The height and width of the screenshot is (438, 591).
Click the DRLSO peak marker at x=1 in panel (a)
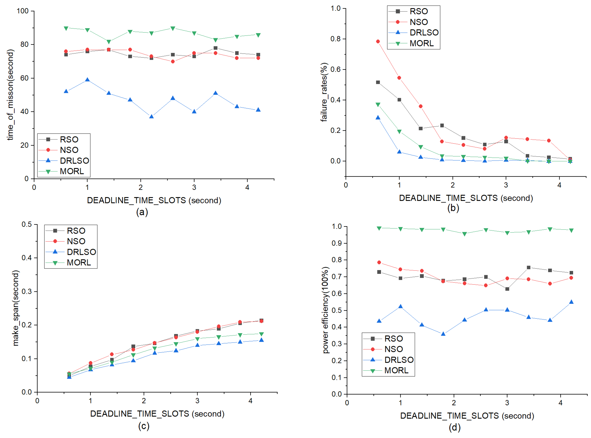click(87, 80)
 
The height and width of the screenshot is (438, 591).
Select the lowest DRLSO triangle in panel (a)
click(151, 116)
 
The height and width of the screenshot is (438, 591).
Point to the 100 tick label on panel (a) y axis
click(23, 11)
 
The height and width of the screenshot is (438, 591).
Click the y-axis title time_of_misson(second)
click(10, 95)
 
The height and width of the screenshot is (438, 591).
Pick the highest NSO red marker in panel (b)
click(378, 41)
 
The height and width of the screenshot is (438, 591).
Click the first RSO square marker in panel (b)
click(378, 82)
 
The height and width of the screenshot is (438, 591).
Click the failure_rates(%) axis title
click(324, 92)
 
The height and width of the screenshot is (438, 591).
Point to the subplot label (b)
click(453, 208)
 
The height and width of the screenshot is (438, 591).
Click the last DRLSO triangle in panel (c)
click(261, 340)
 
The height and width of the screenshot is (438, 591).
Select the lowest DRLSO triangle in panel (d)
click(443, 334)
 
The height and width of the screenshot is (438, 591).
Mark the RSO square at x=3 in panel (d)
click(507, 289)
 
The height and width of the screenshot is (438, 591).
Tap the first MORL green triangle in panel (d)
click(379, 228)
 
